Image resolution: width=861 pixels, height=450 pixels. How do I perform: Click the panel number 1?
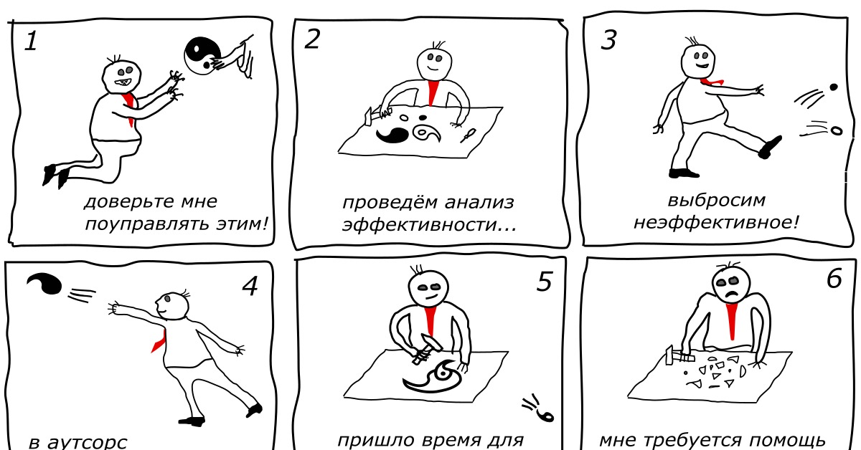pyautogui.click(x=31, y=41)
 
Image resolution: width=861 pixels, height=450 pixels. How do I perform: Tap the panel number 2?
pyautogui.click(x=311, y=39)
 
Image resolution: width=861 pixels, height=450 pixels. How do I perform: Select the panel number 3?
pyautogui.click(x=608, y=40)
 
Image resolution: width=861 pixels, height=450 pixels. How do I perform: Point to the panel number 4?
pyautogui.click(x=250, y=286)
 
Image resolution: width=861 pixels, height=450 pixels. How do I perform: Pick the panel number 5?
pyautogui.click(x=545, y=282)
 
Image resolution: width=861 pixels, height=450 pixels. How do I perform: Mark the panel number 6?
pyautogui.click(x=834, y=278)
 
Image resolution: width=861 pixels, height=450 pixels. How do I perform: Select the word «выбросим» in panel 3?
pyautogui.click(x=717, y=201)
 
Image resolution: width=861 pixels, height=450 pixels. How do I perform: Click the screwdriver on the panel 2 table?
pyautogui.click(x=468, y=135)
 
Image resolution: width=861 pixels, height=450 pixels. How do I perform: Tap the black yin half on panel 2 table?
pyautogui.click(x=392, y=135)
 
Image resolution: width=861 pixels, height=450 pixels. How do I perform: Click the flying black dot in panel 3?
pyautogui.click(x=833, y=87)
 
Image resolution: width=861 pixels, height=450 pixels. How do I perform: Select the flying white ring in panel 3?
pyautogui.click(x=836, y=131)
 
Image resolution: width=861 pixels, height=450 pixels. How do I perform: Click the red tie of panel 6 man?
pyautogui.click(x=732, y=321)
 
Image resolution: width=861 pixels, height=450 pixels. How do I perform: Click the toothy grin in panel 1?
pyautogui.click(x=123, y=82)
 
